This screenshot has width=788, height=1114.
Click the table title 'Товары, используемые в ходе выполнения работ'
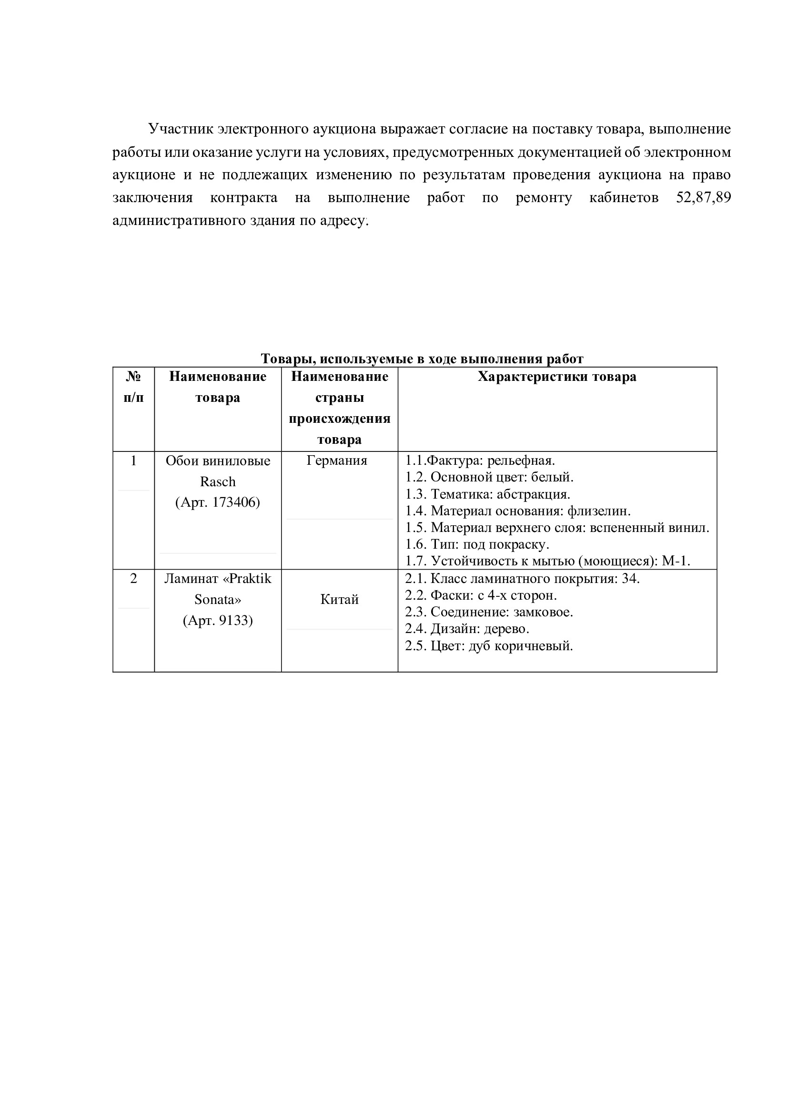(x=422, y=359)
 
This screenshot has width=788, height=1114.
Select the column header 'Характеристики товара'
(x=556, y=377)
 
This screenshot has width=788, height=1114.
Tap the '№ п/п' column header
(x=133, y=387)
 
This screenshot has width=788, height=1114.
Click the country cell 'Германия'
(x=337, y=460)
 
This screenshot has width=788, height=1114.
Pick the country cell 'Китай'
(x=339, y=600)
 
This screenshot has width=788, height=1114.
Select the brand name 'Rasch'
(x=217, y=481)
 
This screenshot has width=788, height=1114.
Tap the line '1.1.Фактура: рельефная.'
(x=480, y=460)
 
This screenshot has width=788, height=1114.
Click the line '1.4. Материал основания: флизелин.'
(x=518, y=511)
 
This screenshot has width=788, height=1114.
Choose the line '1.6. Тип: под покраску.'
(x=477, y=544)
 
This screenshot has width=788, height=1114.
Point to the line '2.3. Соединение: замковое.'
(x=489, y=612)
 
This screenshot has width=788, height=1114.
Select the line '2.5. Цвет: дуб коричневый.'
(x=489, y=646)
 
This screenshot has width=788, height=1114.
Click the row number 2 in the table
(x=133, y=579)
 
